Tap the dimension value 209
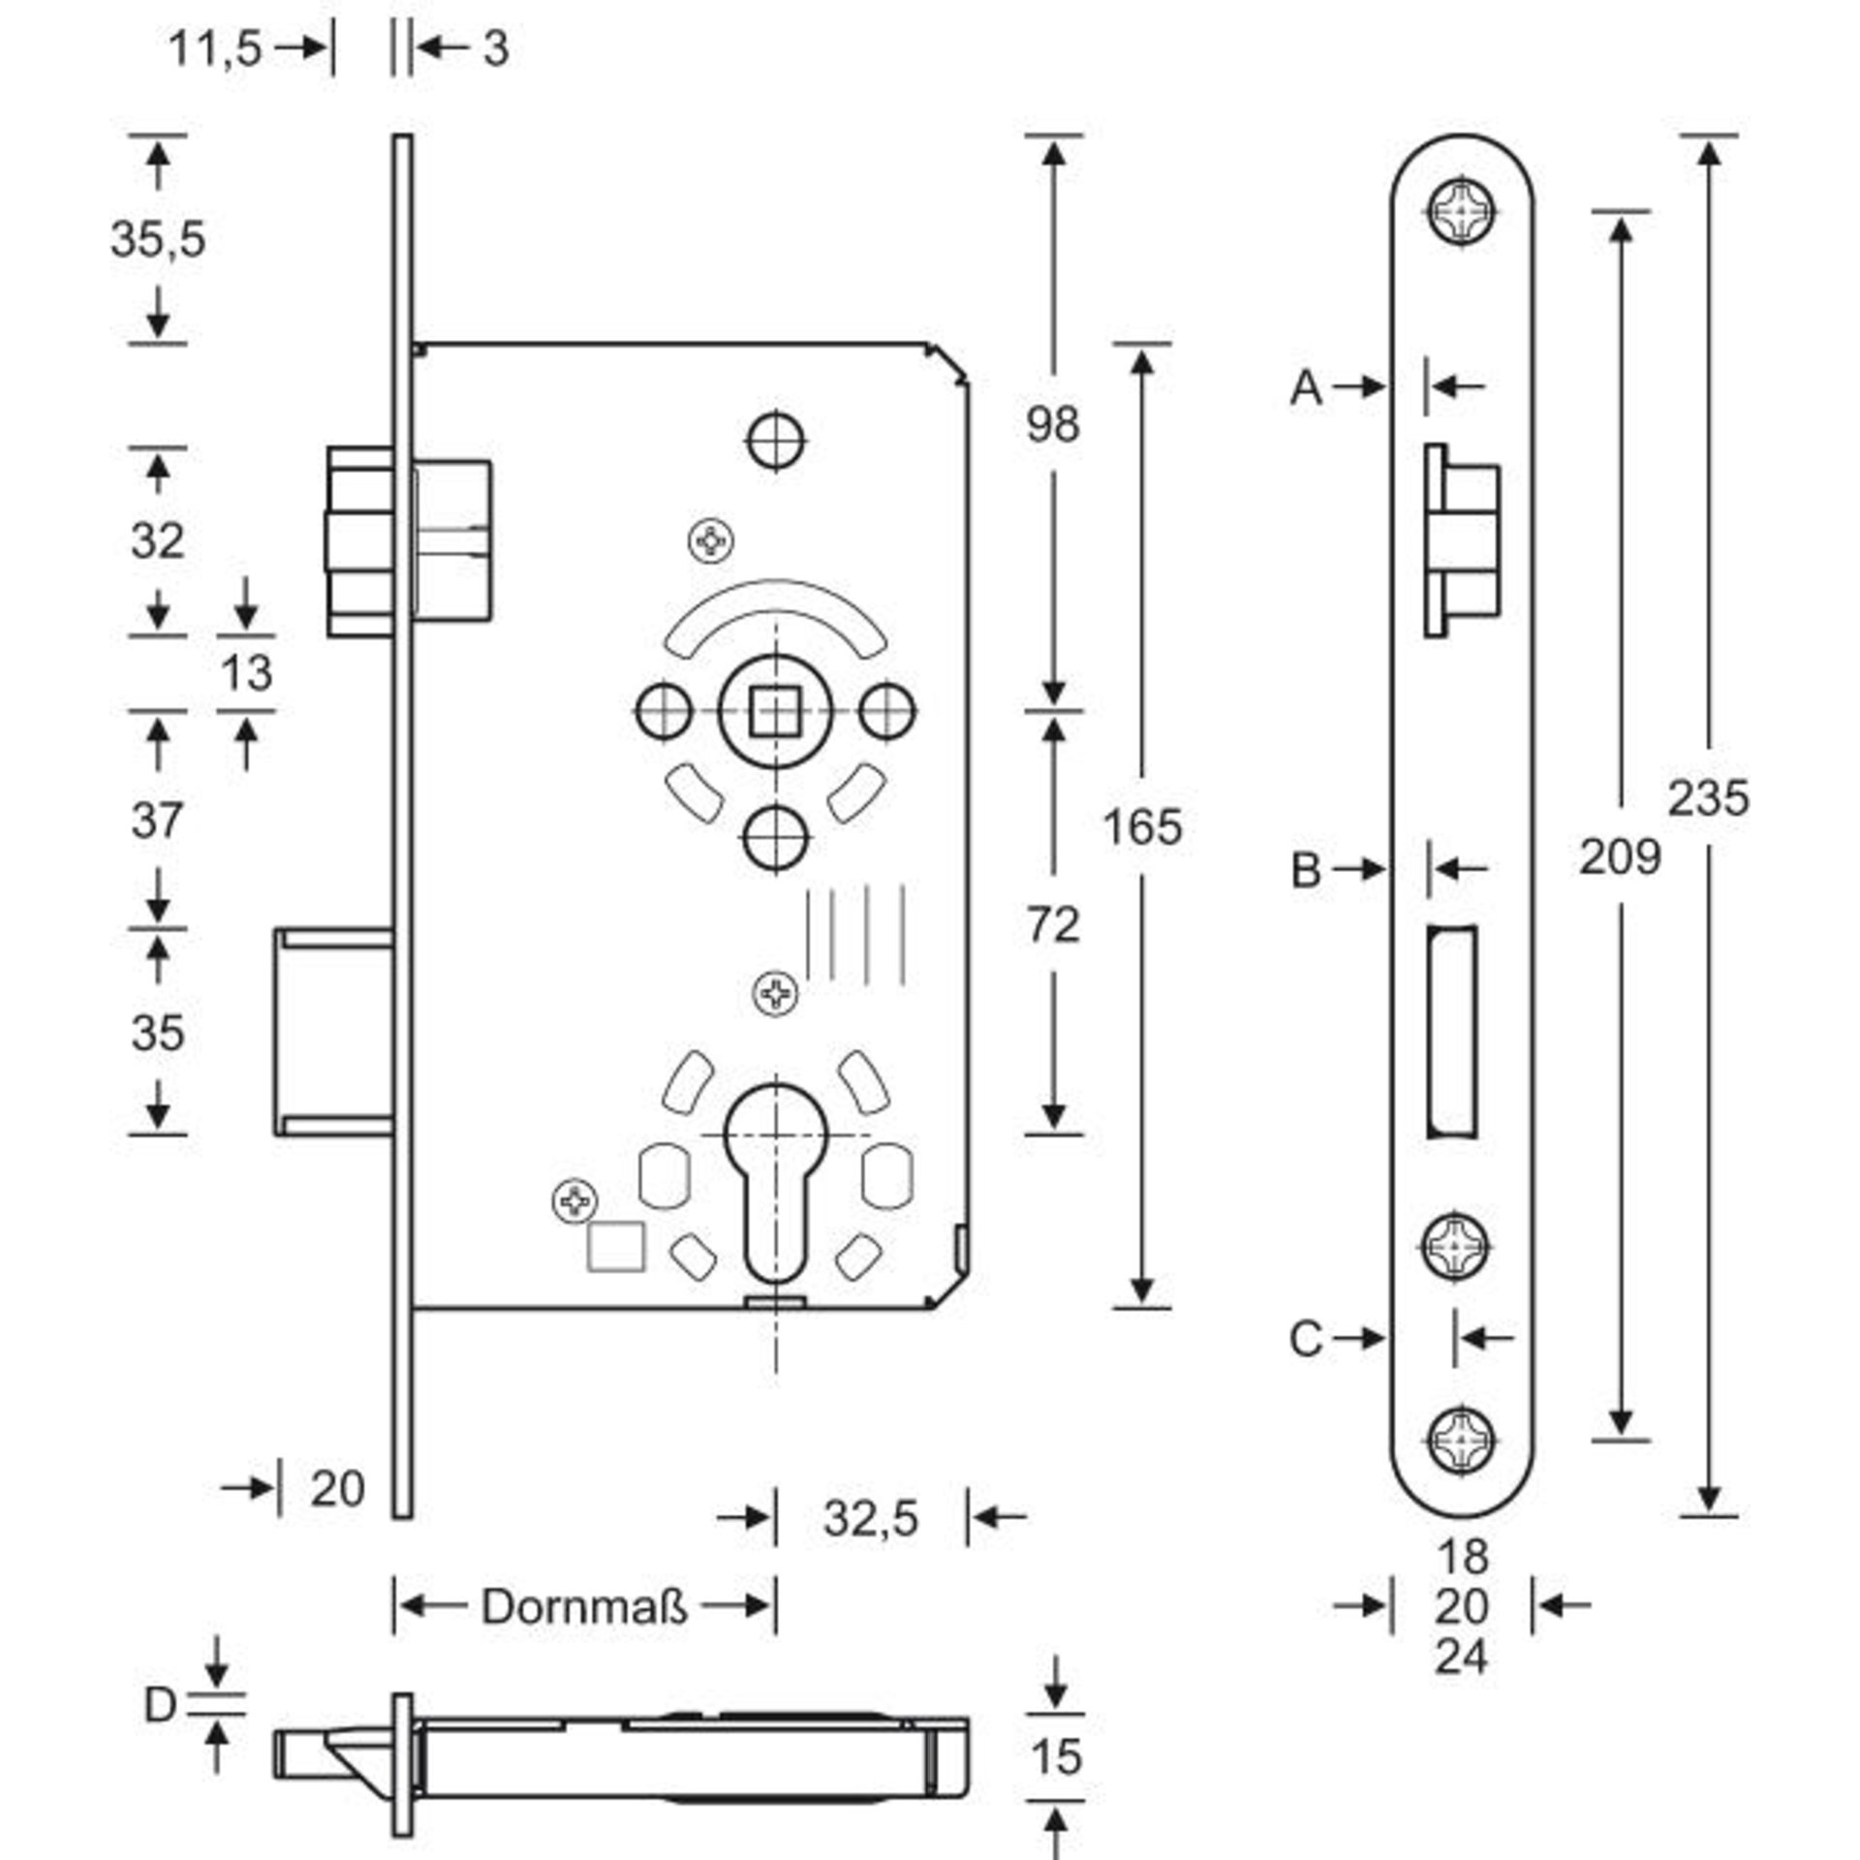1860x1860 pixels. [1620, 857]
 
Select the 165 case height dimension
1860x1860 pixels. [1142, 827]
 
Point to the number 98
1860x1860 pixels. [1053, 424]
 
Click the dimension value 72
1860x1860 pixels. [1053, 925]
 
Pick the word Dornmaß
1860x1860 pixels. [584, 1607]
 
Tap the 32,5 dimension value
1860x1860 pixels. [870, 1518]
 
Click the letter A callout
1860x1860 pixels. [1307, 388]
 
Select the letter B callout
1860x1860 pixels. [1306, 870]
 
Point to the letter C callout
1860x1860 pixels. [1306, 1340]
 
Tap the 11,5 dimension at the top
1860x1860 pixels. [215, 47]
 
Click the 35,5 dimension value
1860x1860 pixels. [158, 238]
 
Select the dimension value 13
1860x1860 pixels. [246, 672]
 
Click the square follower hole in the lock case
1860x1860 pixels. [775, 712]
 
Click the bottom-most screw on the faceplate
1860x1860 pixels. [1463, 1464]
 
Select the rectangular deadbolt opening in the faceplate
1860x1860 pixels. [1451, 1033]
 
